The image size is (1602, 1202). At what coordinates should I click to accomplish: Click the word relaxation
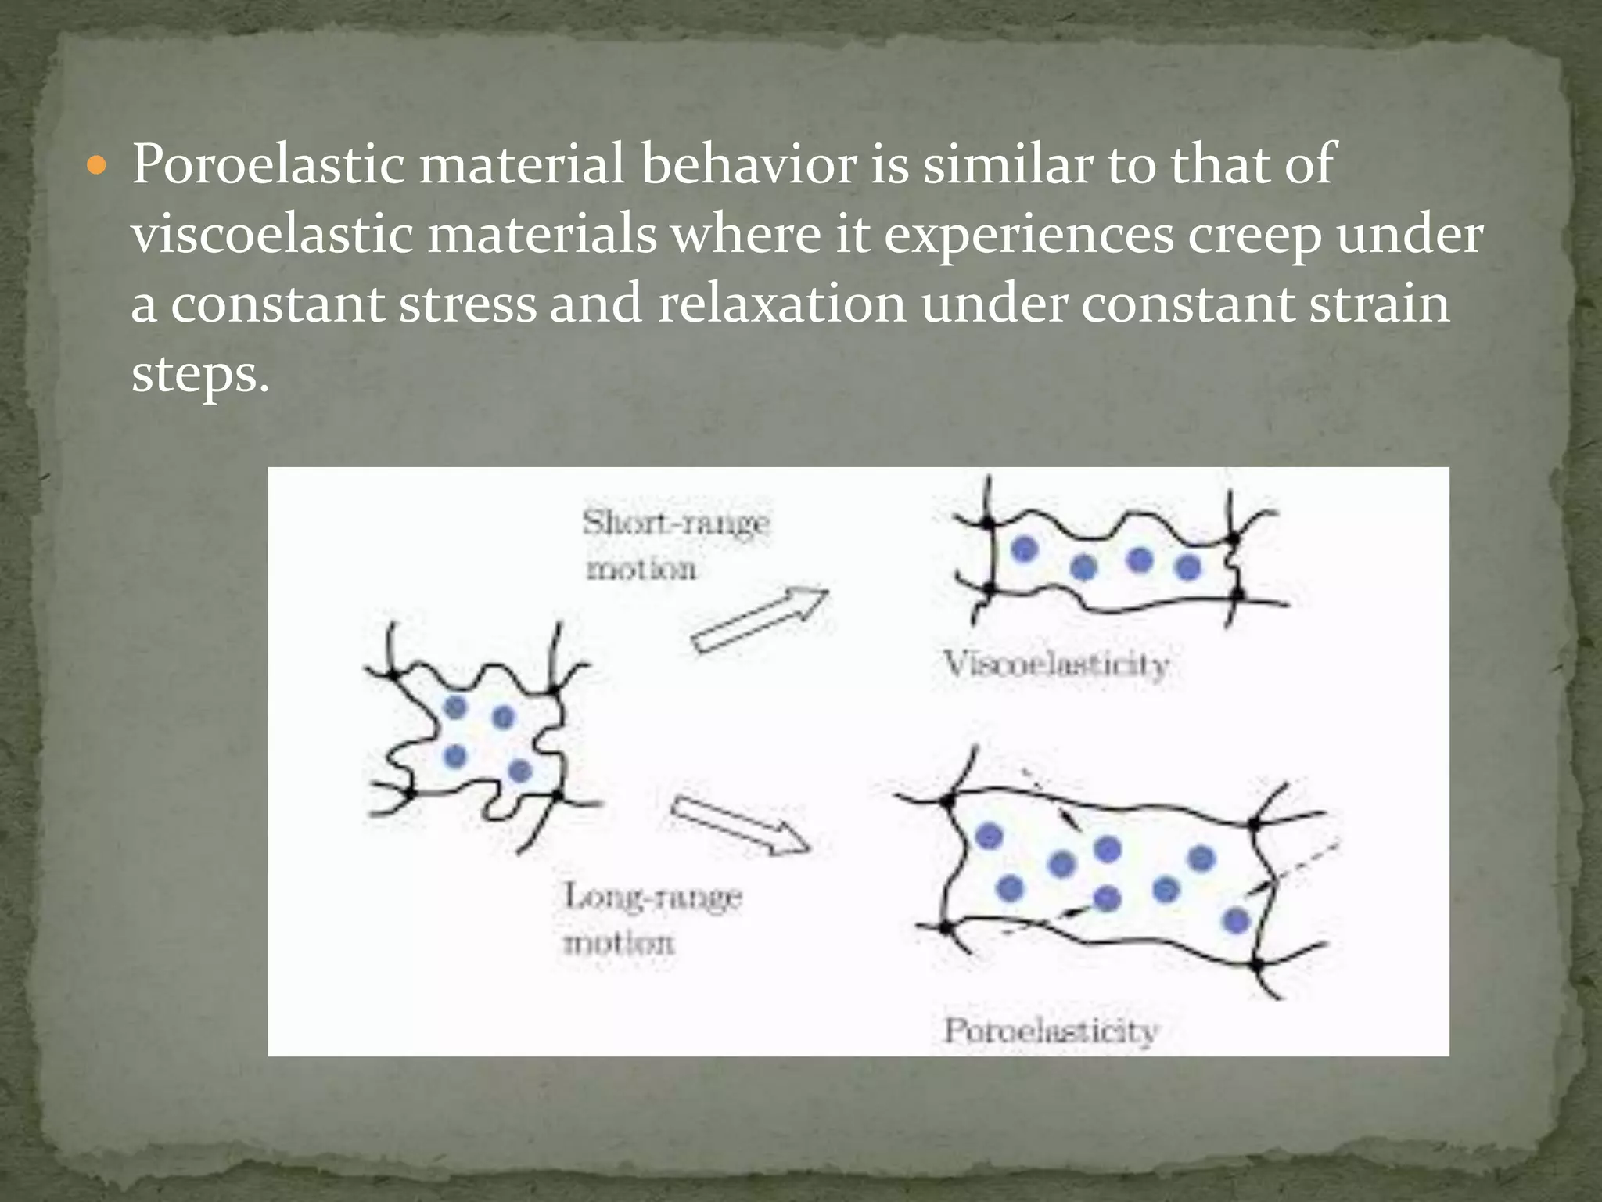pyautogui.click(x=781, y=304)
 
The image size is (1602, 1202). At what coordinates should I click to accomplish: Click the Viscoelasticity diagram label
pyautogui.click(x=1057, y=665)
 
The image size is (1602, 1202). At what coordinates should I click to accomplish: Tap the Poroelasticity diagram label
pyautogui.click(x=1051, y=1031)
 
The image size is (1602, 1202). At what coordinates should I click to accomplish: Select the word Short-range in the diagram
pyautogui.click(x=676, y=524)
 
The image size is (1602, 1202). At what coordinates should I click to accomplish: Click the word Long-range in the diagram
pyautogui.click(x=653, y=898)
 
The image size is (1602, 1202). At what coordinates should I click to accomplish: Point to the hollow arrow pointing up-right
pyautogui.click(x=760, y=619)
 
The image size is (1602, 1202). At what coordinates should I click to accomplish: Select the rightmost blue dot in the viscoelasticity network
pyautogui.click(x=1187, y=567)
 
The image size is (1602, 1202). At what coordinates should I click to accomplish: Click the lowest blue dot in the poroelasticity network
pyautogui.click(x=1236, y=920)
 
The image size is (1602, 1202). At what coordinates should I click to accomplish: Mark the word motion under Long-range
pyautogui.click(x=619, y=943)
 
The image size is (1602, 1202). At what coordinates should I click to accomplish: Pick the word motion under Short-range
pyautogui.click(x=641, y=569)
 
